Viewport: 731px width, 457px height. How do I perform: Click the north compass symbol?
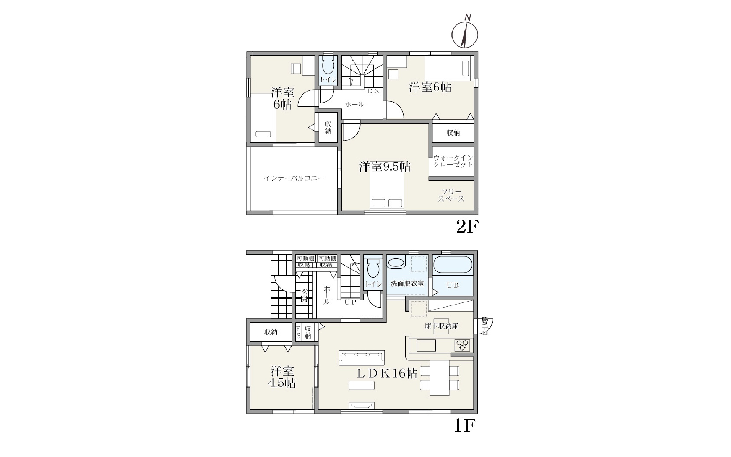point(464,34)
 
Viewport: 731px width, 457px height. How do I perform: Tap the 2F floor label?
point(467,227)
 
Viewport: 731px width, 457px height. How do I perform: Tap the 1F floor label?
point(465,426)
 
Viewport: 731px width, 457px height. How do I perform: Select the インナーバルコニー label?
point(294,178)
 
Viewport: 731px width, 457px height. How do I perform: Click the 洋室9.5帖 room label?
point(385,167)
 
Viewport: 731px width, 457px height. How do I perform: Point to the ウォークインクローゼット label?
point(453,161)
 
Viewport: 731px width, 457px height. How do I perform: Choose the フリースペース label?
point(451,195)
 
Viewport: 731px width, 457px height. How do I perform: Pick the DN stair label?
point(373,91)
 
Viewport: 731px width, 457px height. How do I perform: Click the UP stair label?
point(350,302)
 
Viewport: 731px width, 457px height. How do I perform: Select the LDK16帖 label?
point(387,373)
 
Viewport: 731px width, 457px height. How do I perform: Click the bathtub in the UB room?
point(453,265)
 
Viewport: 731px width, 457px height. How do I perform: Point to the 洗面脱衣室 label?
point(407,284)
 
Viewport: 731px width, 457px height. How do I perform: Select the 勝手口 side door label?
point(485,326)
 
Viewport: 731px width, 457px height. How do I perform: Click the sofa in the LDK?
point(362,358)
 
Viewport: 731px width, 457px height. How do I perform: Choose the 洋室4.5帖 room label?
point(282,377)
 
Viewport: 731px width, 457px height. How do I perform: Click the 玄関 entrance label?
point(304,295)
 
